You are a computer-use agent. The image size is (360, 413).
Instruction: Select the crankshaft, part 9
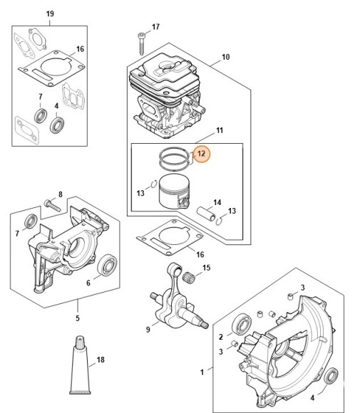pyautogui.click(x=172, y=298)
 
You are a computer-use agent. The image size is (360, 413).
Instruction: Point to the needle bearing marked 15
pyautogui.click(x=190, y=275)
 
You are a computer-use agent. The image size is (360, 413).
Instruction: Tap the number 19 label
pyautogui.click(x=49, y=14)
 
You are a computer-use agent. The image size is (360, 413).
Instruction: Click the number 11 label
pyautogui.click(x=220, y=130)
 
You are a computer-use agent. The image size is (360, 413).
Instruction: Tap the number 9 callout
pyautogui.click(x=148, y=329)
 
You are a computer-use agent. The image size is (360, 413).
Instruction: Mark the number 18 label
pyautogui.click(x=100, y=360)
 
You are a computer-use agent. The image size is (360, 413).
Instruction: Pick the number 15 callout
pyautogui.click(x=207, y=268)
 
